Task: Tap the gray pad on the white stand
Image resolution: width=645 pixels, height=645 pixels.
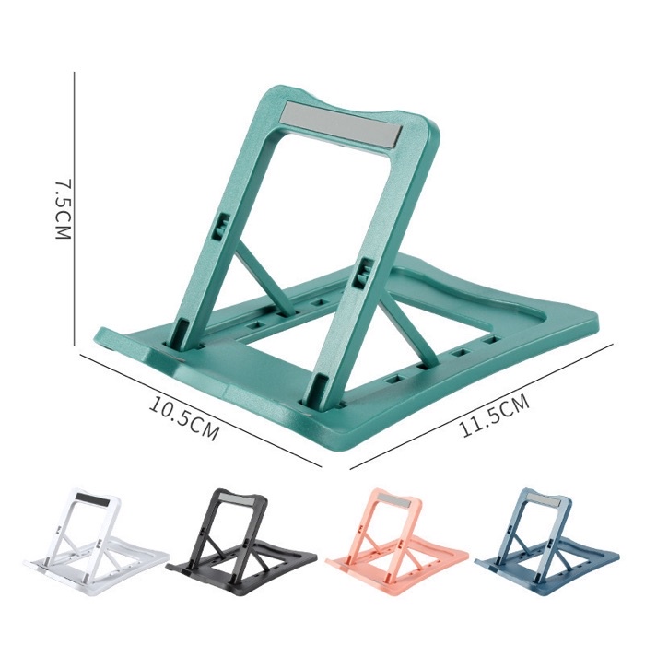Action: click(91, 498)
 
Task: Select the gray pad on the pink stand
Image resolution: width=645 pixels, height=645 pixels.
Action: click(393, 500)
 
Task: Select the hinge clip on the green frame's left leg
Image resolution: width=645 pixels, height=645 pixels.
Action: click(222, 226)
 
